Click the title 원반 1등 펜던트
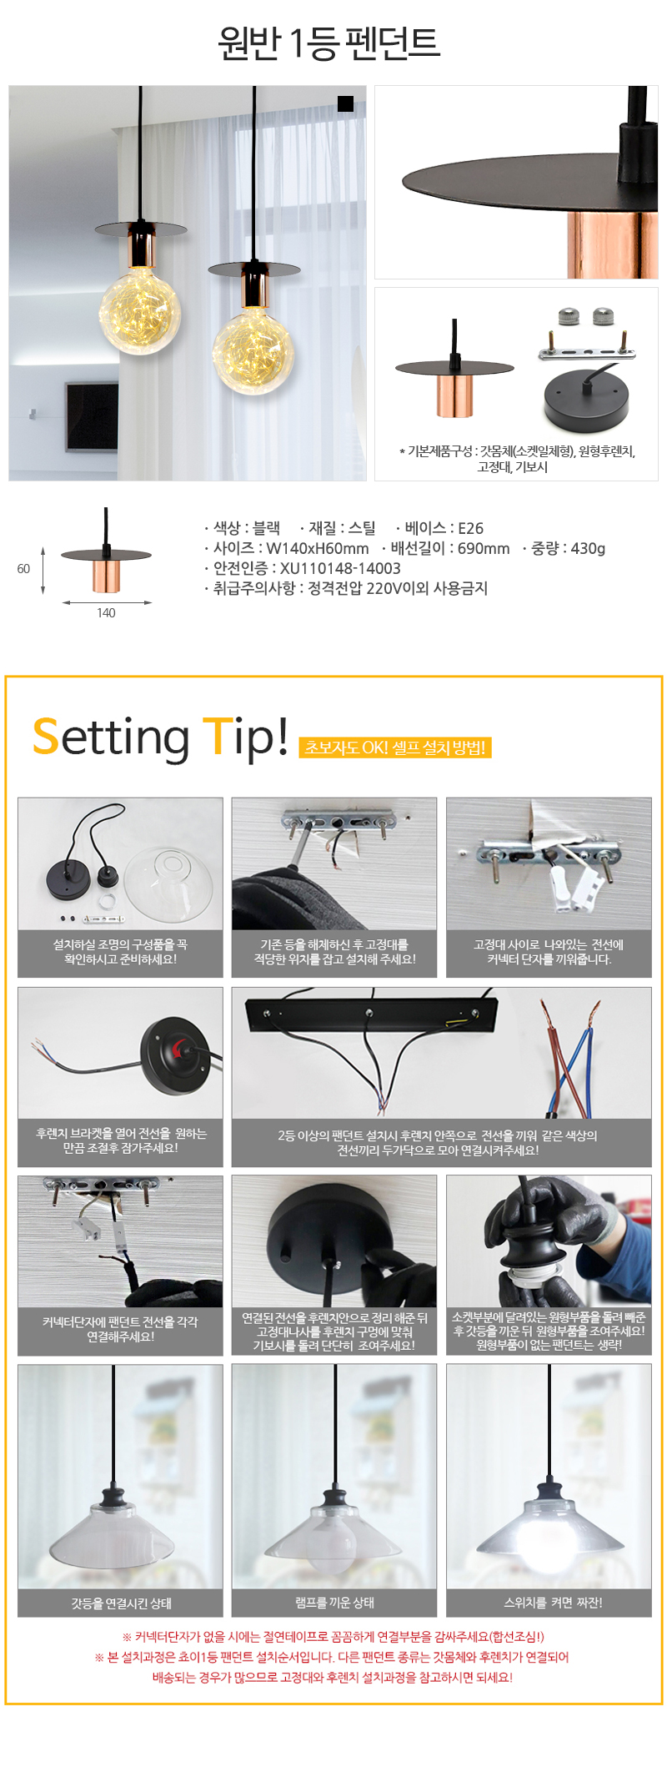[x=328, y=43]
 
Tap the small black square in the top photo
[x=345, y=103]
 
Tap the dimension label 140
[x=106, y=613]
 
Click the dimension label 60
[x=23, y=569]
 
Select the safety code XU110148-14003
[x=340, y=568]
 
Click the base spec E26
[x=470, y=528]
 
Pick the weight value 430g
[x=588, y=548]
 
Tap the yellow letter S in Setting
[x=47, y=737]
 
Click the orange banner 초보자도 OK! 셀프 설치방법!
[x=395, y=748]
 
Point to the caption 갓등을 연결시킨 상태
[x=121, y=1603]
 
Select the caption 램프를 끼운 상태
[x=334, y=1603]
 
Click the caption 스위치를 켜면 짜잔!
[x=553, y=1603]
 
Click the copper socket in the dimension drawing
[x=106, y=576]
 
